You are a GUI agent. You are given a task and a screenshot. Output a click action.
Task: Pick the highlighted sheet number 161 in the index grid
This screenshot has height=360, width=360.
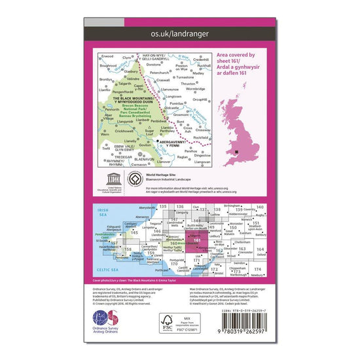click(x=197, y=241)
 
